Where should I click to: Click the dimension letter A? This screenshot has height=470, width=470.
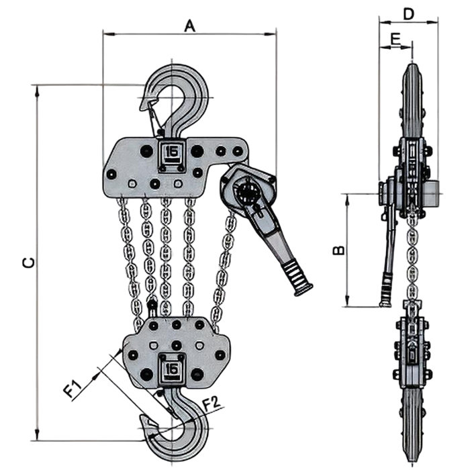click(x=190, y=26)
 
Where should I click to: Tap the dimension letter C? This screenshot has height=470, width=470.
click(x=27, y=263)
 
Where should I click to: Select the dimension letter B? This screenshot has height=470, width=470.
click(x=340, y=250)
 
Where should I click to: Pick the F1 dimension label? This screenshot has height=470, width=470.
click(x=74, y=389)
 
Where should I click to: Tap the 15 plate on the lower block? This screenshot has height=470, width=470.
click(x=173, y=368)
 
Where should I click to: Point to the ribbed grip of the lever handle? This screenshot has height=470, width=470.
click(x=295, y=275)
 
